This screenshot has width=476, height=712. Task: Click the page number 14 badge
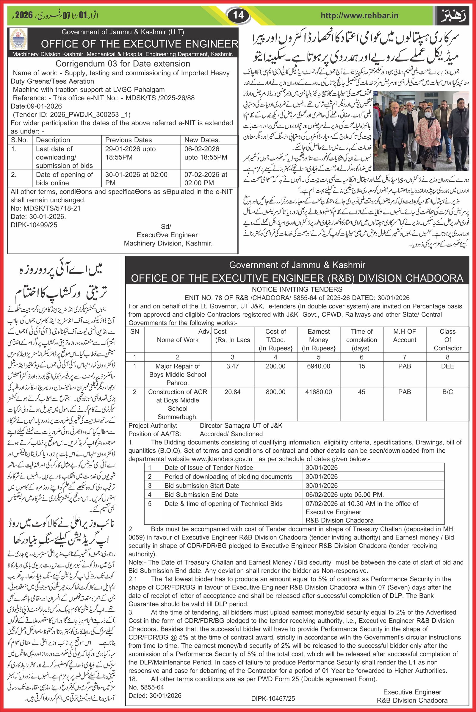(x=239, y=15)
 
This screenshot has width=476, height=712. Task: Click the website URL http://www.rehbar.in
(x=359, y=15)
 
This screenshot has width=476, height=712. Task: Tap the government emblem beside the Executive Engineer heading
(x=18, y=40)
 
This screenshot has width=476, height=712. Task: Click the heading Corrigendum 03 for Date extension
(x=123, y=64)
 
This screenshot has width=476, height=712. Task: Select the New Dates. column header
(x=202, y=140)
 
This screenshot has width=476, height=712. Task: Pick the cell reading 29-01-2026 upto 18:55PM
(x=131, y=153)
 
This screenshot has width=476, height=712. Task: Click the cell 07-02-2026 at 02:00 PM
(x=206, y=178)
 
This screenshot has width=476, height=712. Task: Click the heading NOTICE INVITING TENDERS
(x=297, y=289)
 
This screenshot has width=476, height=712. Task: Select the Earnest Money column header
(x=318, y=340)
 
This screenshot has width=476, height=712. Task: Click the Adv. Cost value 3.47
(x=233, y=366)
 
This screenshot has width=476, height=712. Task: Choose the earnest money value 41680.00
(x=318, y=392)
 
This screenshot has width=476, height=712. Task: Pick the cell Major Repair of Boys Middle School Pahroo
(x=178, y=374)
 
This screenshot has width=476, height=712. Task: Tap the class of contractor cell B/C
(x=447, y=392)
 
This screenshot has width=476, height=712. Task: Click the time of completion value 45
(x=361, y=392)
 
